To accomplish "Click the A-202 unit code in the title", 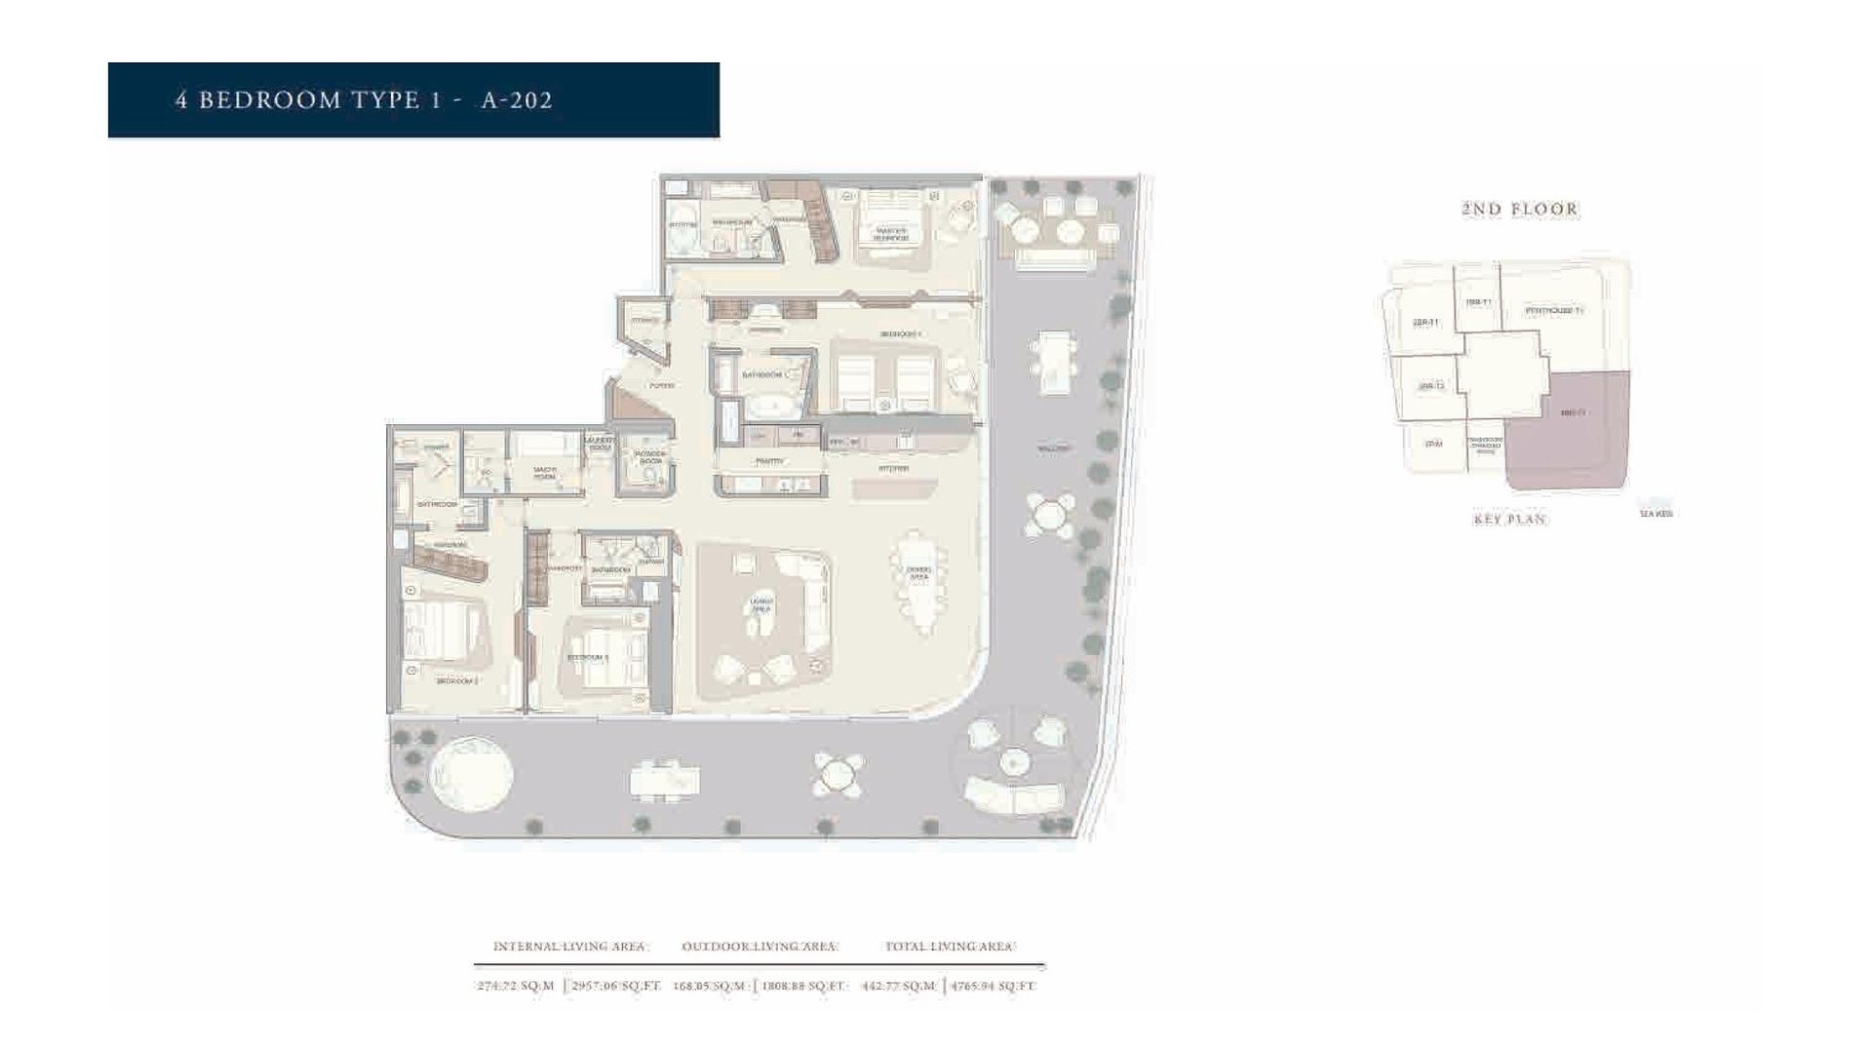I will [517, 100].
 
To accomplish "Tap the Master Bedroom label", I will [890, 234].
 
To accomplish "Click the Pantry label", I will [769, 461].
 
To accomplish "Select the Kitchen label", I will [893, 469].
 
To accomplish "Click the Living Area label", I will [761, 605].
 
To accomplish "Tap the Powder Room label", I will [650, 457].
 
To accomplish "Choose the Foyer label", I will [662, 386].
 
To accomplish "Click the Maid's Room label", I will [545, 473].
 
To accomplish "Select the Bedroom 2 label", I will [456, 681].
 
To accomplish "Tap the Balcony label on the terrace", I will [1052, 448].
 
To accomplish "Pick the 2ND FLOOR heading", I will [1519, 209].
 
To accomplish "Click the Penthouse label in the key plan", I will [1553, 311].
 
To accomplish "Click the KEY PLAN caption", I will [1509, 520].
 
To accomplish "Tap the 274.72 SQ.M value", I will [516, 986].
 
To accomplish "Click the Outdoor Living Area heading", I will [760, 947].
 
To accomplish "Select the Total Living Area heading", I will [950, 947].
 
